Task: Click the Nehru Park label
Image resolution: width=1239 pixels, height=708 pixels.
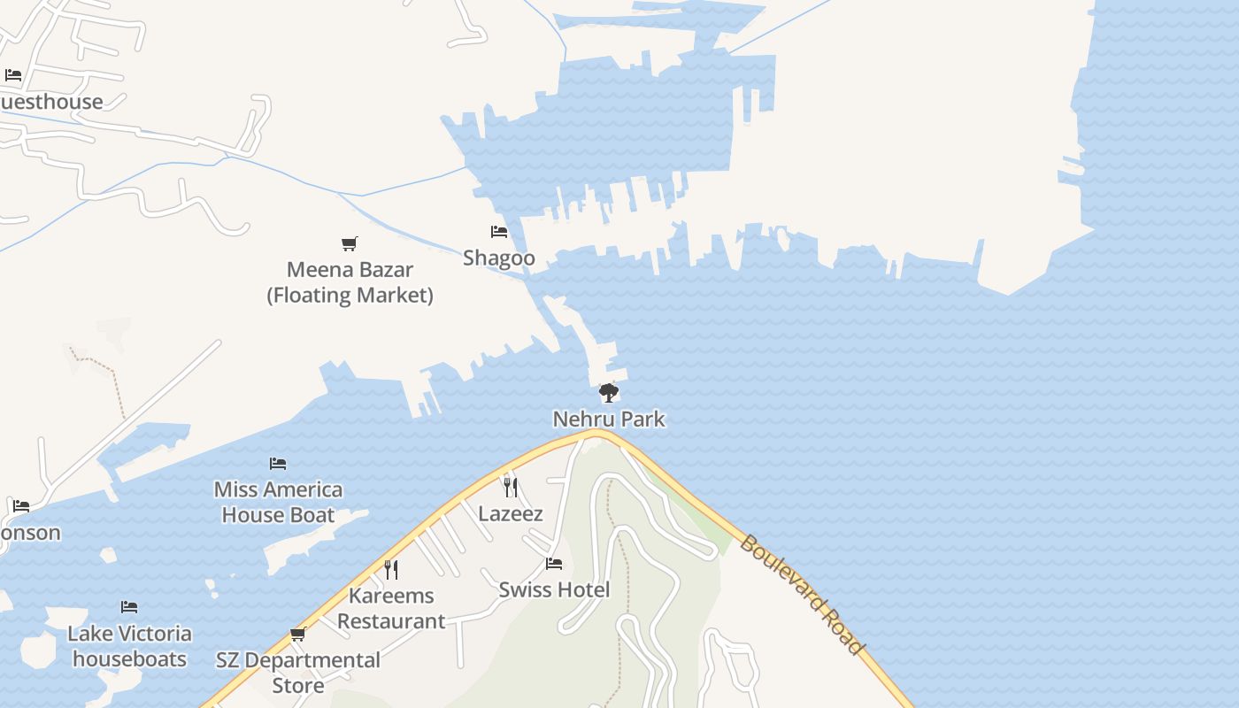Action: [609, 419]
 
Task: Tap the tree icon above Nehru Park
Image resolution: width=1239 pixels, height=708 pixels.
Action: [608, 392]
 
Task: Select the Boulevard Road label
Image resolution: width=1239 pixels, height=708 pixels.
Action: [802, 595]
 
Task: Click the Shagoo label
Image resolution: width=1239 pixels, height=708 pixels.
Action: [499, 258]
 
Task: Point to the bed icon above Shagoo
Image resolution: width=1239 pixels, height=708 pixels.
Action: [499, 232]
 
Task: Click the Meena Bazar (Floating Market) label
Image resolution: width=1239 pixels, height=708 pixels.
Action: [350, 282]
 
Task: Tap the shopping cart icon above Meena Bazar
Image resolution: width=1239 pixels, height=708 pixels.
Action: [350, 243]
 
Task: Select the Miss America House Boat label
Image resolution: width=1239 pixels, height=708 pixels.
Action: [278, 502]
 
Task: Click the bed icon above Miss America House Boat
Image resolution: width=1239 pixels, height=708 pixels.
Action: [278, 464]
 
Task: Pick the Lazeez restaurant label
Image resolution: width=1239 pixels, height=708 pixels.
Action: [511, 513]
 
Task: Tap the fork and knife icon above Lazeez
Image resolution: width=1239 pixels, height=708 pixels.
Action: [511, 487]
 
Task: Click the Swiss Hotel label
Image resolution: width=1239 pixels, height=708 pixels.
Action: [554, 589]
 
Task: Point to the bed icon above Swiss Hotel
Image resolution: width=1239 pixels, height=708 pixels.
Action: [554, 563]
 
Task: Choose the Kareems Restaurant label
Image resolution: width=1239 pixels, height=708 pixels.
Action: [391, 608]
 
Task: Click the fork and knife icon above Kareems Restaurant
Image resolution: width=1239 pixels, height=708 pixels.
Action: [391, 569]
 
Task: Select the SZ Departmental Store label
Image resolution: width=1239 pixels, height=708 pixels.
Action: [298, 673]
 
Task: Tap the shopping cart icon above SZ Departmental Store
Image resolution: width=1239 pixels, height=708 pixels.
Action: [298, 634]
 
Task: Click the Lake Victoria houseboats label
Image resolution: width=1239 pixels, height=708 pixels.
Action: [129, 646]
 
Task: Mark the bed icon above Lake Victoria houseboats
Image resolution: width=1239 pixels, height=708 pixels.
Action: [129, 607]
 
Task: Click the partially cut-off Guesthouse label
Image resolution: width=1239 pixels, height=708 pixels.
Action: [51, 102]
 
